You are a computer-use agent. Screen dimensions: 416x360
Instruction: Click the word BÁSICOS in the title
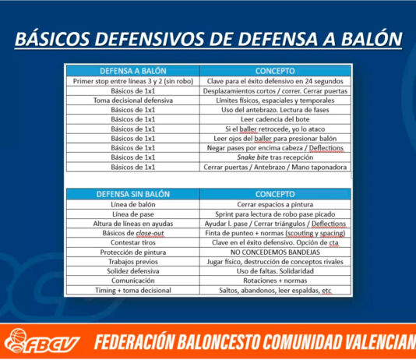pyautogui.click(x=52, y=39)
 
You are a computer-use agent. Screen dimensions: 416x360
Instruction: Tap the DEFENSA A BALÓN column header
pyautogui.click(x=133, y=71)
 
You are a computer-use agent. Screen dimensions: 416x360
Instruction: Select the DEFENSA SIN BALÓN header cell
pyautogui.click(x=133, y=194)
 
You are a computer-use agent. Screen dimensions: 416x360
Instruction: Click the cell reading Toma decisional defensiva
pyautogui.click(x=133, y=101)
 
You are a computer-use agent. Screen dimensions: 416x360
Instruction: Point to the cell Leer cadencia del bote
pyautogui.click(x=275, y=119)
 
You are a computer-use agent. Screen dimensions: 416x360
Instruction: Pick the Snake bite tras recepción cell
pyautogui.click(x=275, y=157)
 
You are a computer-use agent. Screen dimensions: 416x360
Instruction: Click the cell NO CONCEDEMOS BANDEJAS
pyautogui.click(x=275, y=252)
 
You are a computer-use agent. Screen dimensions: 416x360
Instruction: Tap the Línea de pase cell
pyautogui.click(x=133, y=214)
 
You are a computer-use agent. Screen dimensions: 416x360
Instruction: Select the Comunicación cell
pyautogui.click(x=133, y=281)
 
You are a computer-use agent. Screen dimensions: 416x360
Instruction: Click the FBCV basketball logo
pyautogui.click(x=42, y=341)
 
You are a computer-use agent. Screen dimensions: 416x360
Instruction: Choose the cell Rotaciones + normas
pyautogui.click(x=275, y=281)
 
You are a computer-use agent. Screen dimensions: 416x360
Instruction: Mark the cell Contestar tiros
pyautogui.click(x=133, y=242)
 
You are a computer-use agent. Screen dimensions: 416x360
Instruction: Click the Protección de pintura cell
pyautogui.click(x=133, y=252)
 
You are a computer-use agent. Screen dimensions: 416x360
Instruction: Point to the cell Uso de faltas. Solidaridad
pyautogui.click(x=275, y=271)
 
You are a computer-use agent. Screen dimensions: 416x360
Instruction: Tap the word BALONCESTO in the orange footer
pyautogui.click(x=218, y=342)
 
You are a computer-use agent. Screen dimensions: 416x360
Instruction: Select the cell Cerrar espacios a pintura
pyautogui.click(x=275, y=204)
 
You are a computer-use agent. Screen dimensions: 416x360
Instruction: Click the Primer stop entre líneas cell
pyautogui.click(x=133, y=81)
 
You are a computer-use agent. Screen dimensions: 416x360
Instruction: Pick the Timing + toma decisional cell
pyautogui.click(x=133, y=290)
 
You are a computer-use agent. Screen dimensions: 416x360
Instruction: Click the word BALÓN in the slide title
pyautogui.click(x=372, y=39)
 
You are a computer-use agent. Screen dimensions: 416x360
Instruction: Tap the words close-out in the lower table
pyautogui.click(x=150, y=233)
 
